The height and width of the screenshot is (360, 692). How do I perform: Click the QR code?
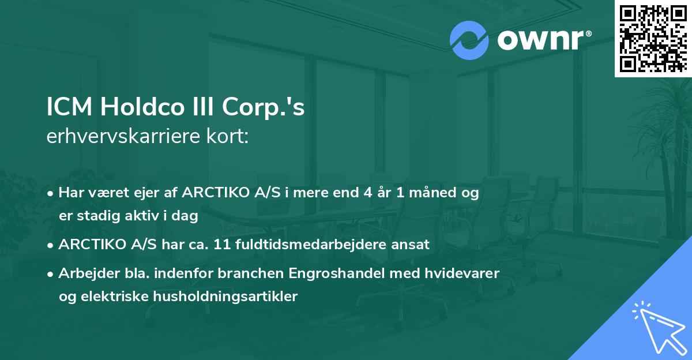pos(653,38)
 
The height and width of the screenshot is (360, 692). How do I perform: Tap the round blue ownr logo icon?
pos(469,40)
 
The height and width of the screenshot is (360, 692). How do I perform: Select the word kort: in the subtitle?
pos(230,137)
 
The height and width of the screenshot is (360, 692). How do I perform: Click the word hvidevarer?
pos(467,273)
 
